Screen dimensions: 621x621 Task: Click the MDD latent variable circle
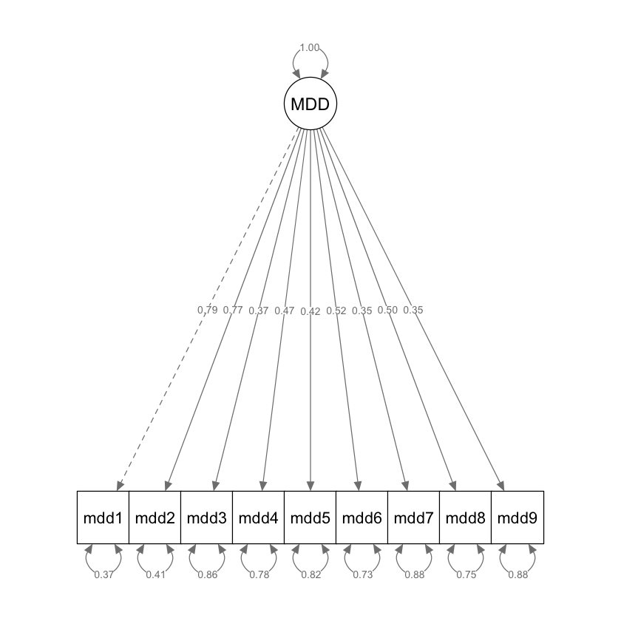coord(310,104)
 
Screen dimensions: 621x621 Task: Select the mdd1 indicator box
coord(103,517)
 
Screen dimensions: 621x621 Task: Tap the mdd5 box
coord(310,517)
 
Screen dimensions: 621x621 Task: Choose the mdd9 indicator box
coord(517,517)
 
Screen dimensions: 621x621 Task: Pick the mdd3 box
coord(207,517)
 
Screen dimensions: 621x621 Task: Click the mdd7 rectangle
coord(414,517)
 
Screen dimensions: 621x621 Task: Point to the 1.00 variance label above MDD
coord(310,48)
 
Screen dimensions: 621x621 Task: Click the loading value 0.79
coord(208,310)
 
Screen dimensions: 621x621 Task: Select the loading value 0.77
coord(233,310)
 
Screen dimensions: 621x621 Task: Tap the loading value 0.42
coord(310,311)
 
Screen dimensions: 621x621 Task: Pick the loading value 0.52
coord(336,310)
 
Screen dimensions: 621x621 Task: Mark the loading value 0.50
coord(387,310)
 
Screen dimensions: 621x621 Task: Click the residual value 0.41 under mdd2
coord(155,575)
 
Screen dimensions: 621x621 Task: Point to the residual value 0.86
coord(207,575)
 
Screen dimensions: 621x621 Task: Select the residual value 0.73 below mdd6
coord(362,575)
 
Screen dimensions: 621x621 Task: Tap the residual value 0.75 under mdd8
coord(466,575)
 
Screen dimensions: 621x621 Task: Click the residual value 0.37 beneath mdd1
coord(103,575)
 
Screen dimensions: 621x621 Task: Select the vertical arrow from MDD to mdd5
coord(310,407)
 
